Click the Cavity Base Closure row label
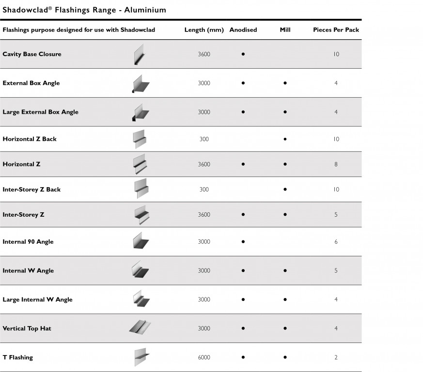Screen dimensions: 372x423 click(x=32, y=54)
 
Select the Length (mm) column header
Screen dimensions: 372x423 click(x=204, y=30)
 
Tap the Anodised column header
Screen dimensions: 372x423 click(x=243, y=30)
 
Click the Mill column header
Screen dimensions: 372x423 click(x=285, y=30)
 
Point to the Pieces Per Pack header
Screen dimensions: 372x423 click(x=336, y=30)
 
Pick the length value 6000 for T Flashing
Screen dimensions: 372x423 click(x=204, y=357)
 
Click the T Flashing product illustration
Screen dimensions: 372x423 click(x=140, y=357)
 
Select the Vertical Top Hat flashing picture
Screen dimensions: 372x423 click(x=140, y=327)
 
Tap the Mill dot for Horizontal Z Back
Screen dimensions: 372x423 click(x=285, y=139)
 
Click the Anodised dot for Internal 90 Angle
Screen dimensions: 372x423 click(x=243, y=241)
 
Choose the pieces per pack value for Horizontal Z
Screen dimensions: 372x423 click(x=336, y=164)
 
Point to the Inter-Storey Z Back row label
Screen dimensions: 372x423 click(x=31, y=190)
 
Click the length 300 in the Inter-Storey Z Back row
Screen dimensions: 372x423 click(x=204, y=190)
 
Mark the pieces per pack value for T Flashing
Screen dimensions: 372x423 click(x=336, y=357)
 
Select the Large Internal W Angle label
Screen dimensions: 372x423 click(x=37, y=299)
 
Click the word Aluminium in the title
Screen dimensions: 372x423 click(x=145, y=10)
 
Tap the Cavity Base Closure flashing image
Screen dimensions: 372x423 click(x=140, y=54)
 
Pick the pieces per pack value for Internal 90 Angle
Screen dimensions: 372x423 click(x=336, y=241)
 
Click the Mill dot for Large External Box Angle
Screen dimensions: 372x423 click(x=285, y=112)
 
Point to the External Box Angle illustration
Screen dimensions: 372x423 click(x=140, y=83)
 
